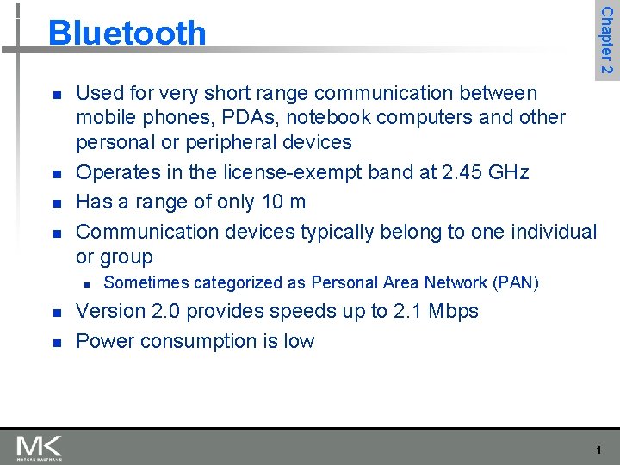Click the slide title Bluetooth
coord(127,34)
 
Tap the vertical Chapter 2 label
coord(607,40)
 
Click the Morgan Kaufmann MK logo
coord(39,447)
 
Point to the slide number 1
coord(598,450)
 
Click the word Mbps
coord(448,312)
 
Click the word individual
coord(554,232)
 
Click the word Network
coord(454,282)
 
